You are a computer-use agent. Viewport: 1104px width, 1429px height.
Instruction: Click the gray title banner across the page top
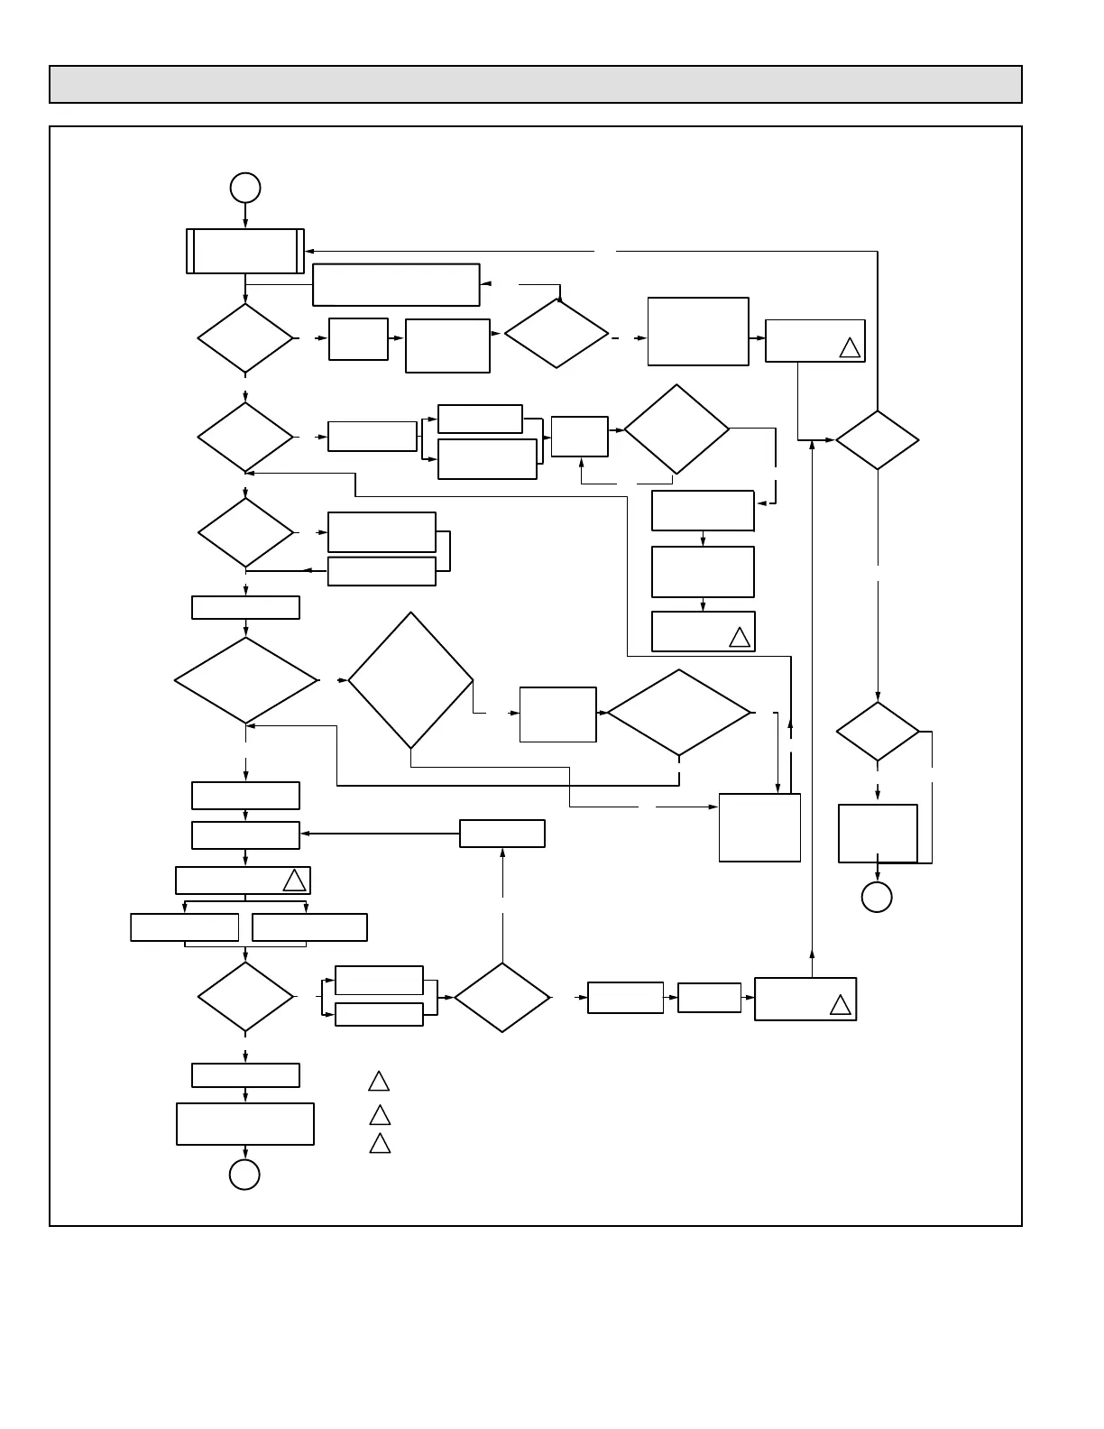click(x=535, y=84)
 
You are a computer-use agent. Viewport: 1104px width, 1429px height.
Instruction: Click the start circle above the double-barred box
click(x=245, y=188)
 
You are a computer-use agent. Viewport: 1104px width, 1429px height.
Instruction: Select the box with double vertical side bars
click(x=245, y=251)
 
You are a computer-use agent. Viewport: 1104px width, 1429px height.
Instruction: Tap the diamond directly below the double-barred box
click(x=245, y=338)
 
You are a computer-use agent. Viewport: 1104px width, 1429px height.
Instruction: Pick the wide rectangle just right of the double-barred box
click(x=396, y=285)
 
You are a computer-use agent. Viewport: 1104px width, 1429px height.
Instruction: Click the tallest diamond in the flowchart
click(x=410, y=680)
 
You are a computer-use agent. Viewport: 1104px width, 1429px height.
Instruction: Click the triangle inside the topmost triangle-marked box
click(x=850, y=347)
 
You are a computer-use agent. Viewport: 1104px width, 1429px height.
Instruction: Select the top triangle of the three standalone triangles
click(x=379, y=1081)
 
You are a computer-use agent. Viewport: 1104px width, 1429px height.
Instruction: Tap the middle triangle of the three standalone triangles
click(x=380, y=1115)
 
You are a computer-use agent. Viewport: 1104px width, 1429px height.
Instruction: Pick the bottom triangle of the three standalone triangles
click(x=380, y=1144)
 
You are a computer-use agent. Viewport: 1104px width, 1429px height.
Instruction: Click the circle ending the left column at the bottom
click(x=244, y=1175)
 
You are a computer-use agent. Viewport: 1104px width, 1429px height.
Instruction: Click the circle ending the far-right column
click(x=877, y=897)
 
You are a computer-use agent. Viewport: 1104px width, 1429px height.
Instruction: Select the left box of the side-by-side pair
click(x=185, y=927)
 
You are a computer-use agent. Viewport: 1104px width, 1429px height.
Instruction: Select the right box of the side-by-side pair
click(x=309, y=927)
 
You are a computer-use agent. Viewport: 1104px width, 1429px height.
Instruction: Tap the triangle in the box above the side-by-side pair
click(x=294, y=881)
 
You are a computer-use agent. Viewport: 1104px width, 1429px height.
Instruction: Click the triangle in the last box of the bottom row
click(x=840, y=1005)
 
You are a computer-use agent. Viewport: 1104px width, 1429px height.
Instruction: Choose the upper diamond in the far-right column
click(x=877, y=440)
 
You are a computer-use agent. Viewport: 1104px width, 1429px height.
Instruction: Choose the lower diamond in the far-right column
click(x=878, y=732)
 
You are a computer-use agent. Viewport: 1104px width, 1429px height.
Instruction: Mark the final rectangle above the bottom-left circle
click(x=245, y=1124)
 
